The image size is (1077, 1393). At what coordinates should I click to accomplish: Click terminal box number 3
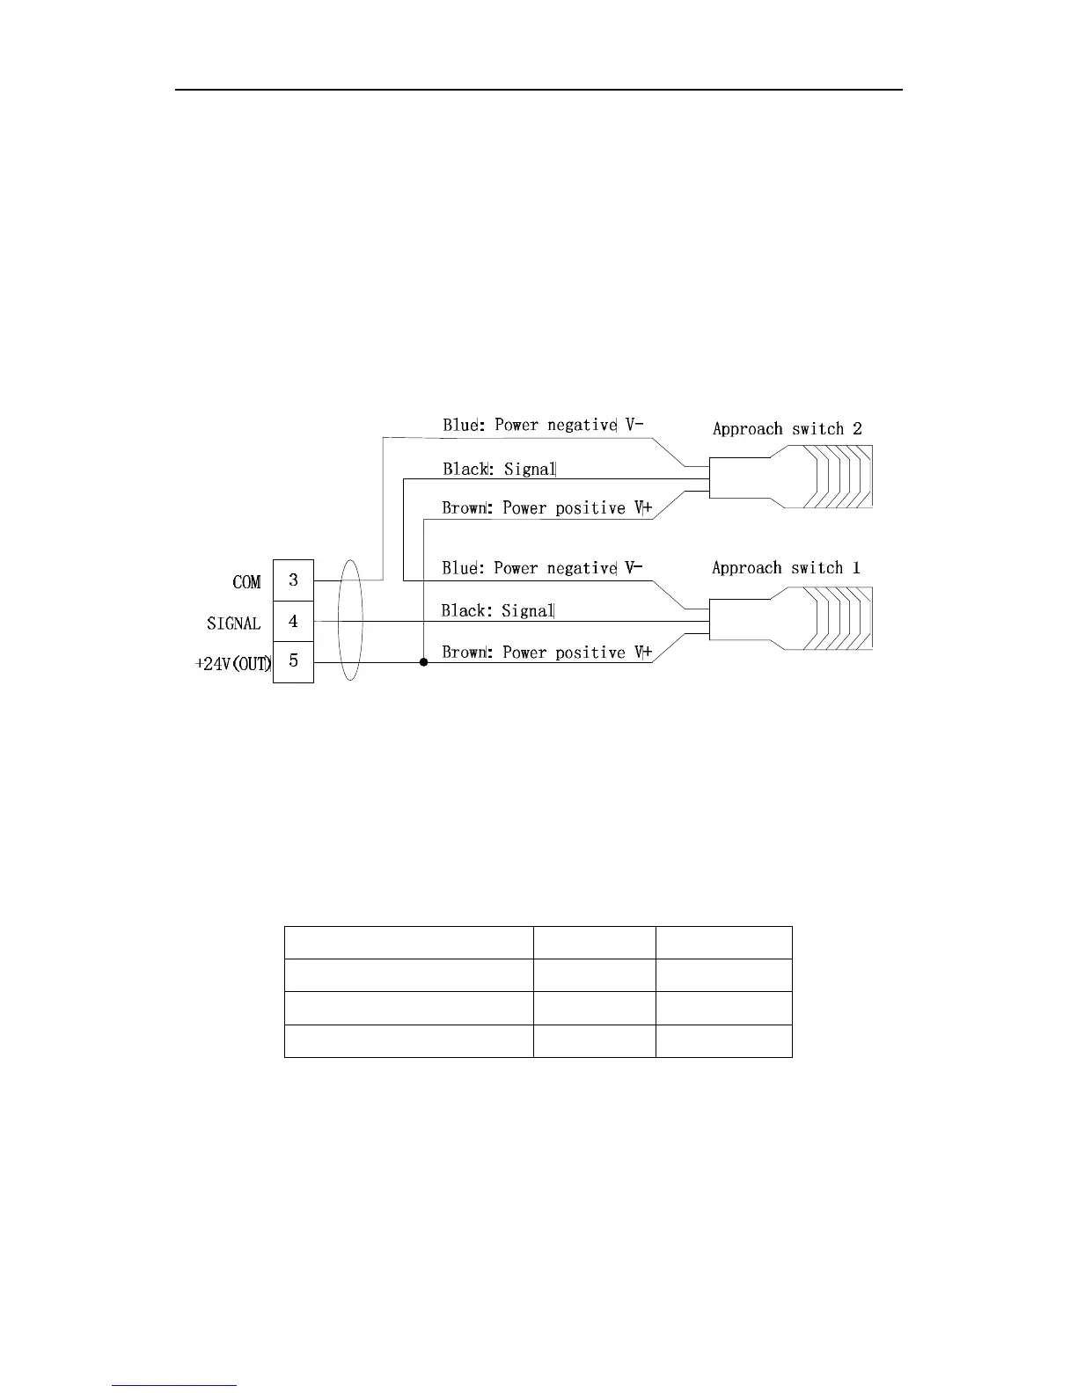tap(293, 580)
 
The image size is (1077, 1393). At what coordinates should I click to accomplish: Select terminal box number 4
tap(293, 622)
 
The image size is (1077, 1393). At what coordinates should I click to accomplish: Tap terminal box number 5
tap(293, 661)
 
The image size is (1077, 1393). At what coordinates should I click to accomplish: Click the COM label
tap(246, 582)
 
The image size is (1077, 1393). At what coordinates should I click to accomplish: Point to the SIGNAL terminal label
tap(234, 624)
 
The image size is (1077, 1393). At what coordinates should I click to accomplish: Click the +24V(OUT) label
tap(232, 664)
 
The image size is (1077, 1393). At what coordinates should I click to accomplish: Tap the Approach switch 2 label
tap(787, 429)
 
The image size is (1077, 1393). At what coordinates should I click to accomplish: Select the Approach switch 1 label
tap(786, 568)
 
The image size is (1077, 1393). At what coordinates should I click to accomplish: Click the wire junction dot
tap(423, 662)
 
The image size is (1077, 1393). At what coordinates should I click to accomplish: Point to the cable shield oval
tap(349, 621)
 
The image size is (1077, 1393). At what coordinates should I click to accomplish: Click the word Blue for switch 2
tap(459, 425)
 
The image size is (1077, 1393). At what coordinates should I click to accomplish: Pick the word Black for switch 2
tap(465, 469)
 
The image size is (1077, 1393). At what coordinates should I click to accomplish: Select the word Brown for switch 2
tap(465, 508)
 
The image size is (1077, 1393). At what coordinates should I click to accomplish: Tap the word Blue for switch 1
tap(459, 568)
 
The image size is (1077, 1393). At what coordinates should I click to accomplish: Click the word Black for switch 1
tap(463, 610)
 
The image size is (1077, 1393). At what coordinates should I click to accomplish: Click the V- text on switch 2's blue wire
tap(634, 425)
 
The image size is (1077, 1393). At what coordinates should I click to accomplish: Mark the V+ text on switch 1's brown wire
tap(642, 653)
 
